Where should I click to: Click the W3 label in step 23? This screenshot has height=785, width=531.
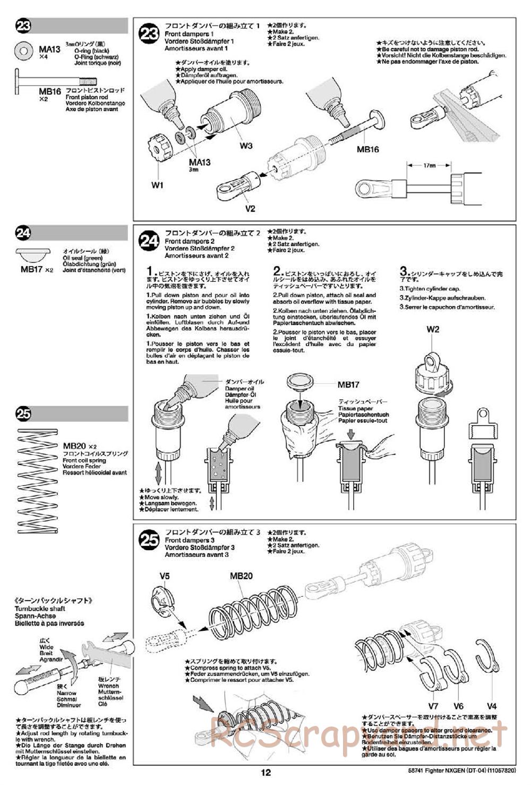246,146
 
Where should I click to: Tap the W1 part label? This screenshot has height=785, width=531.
157,185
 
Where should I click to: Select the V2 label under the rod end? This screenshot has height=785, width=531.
250,208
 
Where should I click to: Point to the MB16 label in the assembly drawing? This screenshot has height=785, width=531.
367,149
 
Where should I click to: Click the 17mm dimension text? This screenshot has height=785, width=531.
430,166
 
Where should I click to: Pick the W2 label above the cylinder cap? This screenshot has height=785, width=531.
433,330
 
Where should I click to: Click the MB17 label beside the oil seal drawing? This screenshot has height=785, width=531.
348,385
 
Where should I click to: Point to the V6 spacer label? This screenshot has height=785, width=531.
458,706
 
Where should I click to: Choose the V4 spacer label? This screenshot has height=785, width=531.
492,706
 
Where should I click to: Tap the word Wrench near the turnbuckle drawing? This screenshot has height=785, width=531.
108,686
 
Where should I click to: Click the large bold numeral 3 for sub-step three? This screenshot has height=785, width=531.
403,272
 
